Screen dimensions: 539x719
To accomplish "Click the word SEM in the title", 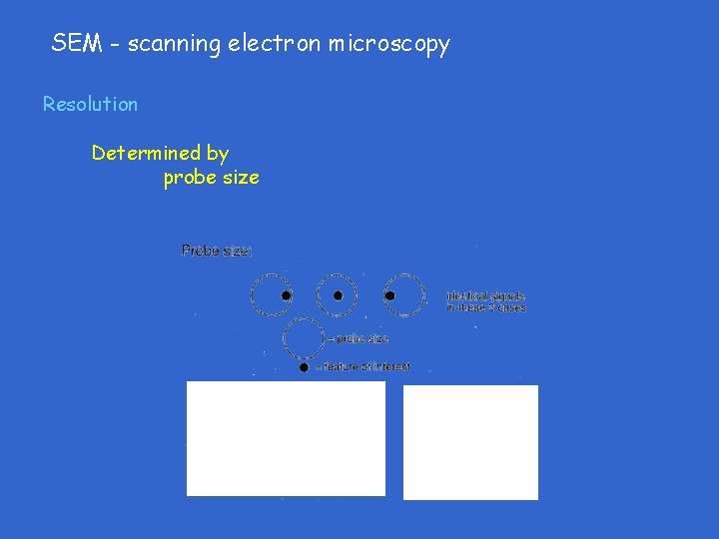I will [x=73, y=43].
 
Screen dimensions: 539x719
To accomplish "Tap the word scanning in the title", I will [x=173, y=44].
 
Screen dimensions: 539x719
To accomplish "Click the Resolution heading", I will [x=90, y=104].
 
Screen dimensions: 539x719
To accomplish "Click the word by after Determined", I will [x=218, y=154].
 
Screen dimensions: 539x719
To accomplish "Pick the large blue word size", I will [x=241, y=178].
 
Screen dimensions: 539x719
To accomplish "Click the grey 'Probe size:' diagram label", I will [x=216, y=251].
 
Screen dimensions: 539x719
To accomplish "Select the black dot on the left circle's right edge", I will [x=286, y=295].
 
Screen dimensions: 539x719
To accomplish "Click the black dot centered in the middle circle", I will [x=338, y=295].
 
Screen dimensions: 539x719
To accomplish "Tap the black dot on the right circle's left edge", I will [x=389, y=295].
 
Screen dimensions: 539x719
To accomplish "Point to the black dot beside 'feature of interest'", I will [x=304, y=367].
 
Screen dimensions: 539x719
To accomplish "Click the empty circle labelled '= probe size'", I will [x=304, y=338].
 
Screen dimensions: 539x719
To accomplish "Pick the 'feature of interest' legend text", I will [x=363, y=367].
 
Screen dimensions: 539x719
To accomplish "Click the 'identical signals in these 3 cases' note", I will [x=486, y=301].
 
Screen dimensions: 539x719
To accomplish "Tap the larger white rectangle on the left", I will [x=286, y=438].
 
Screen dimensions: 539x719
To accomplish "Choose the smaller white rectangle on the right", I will [x=470, y=442].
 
